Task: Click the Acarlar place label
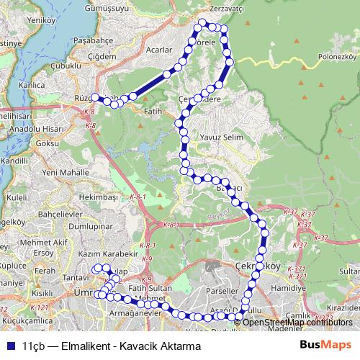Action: [158, 50]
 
